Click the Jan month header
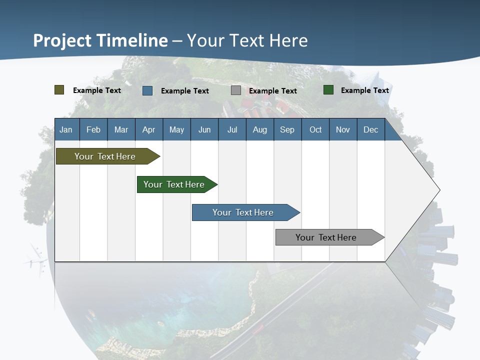click(x=66, y=129)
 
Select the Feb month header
click(x=93, y=129)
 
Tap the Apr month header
click(x=148, y=129)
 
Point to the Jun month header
click(x=204, y=129)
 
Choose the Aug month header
click(x=259, y=129)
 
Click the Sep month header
click(x=287, y=129)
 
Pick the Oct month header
click(x=315, y=129)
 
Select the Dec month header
click(x=370, y=129)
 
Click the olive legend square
click(x=59, y=90)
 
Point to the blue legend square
click(x=147, y=90)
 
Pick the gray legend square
click(x=236, y=90)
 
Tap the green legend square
click(x=328, y=90)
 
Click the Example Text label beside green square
click(x=364, y=90)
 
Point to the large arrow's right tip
click(x=438, y=190)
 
